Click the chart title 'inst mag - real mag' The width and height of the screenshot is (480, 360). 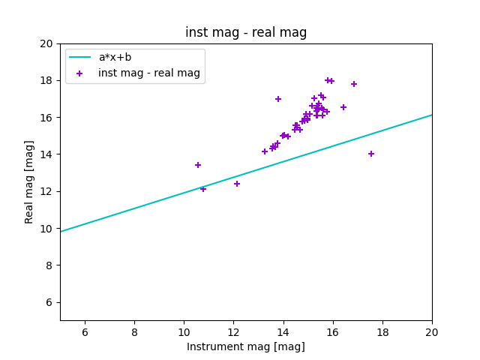coord(246,32)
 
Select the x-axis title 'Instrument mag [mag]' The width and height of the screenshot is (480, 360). coord(246,346)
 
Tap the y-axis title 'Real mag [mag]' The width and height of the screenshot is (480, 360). coord(29,181)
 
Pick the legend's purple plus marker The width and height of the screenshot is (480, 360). coord(79,73)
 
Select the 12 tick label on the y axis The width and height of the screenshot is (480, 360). coord(47,191)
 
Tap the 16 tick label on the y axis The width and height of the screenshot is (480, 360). coord(47,118)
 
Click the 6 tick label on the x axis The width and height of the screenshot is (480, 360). coord(85,332)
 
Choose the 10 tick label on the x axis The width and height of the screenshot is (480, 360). coord(184,332)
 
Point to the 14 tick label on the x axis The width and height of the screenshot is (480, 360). coord(283,332)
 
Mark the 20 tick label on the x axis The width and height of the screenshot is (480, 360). coord(432,332)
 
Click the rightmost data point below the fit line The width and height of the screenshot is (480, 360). coord(370,154)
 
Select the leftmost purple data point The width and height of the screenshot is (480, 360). coord(198,165)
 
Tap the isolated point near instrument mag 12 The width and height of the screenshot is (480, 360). coord(237,184)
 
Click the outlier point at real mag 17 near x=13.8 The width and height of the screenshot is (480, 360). coord(278,99)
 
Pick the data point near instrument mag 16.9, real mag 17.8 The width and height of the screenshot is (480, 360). coord(354,84)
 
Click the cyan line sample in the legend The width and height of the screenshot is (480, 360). coord(79,57)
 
